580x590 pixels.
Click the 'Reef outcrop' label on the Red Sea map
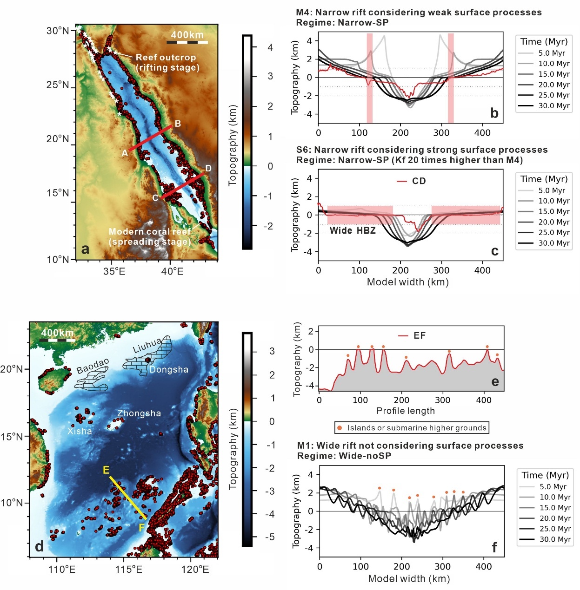(166, 58)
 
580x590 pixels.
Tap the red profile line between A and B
(151, 138)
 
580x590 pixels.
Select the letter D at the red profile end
(208, 168)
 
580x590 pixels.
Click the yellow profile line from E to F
(128, 498)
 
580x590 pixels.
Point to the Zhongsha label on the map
(139, 413)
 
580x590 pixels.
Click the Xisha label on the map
(80, 431)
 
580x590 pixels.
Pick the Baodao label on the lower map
(93, 366)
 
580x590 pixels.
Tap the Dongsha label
(169, 369)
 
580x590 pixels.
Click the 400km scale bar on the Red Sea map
(187, 42)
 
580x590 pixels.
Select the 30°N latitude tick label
(58, 31)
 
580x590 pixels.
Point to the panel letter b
(494, 113)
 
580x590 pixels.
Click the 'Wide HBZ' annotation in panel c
(353, 230)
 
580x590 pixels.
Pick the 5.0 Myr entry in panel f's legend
(546, 486)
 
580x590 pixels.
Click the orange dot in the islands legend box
(340, 428)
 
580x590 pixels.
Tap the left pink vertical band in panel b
(370, 78)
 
